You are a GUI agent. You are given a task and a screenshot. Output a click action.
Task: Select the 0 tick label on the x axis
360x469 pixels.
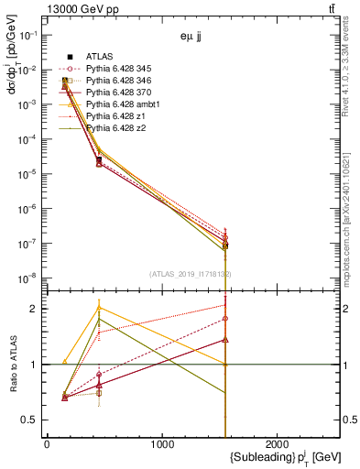[x=47, y=445]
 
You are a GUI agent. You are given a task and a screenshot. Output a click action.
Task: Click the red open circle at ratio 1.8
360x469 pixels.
[x=225, y=319]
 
